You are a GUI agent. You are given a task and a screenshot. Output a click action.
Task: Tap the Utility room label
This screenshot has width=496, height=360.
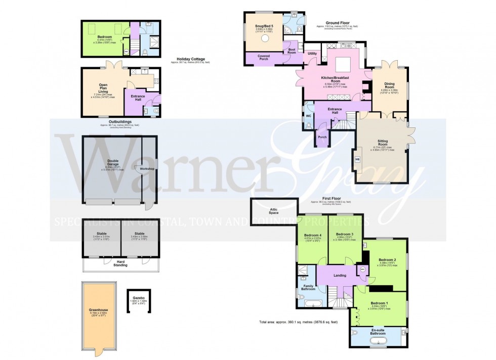[312, 54]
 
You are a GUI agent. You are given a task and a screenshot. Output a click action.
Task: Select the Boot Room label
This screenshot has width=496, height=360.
[292, 51]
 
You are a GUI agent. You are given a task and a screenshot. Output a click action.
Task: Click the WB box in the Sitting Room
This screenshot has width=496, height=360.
[358, 159]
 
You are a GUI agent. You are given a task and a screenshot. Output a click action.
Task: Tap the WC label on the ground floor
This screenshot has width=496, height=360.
[308, 116]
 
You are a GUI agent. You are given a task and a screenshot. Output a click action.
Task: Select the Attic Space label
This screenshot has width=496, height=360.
[274, 211]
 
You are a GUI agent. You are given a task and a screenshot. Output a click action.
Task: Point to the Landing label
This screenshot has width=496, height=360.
[340, 275]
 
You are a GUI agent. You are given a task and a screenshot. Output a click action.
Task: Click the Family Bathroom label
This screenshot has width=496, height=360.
[309, 288]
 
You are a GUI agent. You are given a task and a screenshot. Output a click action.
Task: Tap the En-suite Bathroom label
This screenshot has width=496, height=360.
[378, 332]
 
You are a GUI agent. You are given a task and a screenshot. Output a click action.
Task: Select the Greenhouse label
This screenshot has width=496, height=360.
[100, 309]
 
